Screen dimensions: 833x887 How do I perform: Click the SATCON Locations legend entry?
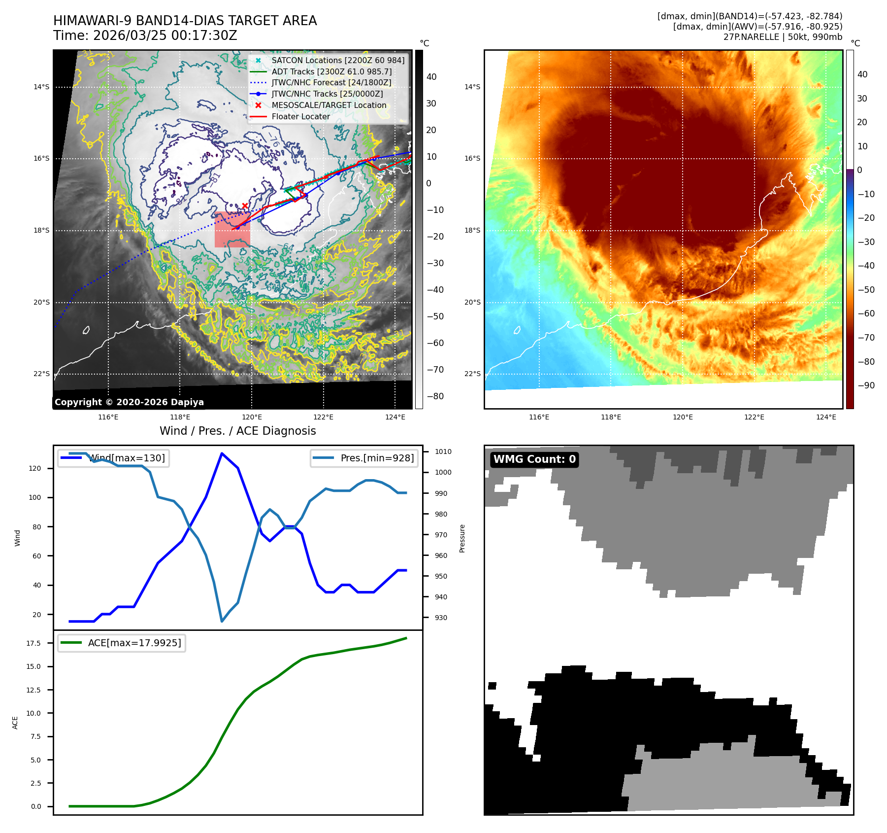(337, 60)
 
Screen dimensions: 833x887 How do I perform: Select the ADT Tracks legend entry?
(331, 71)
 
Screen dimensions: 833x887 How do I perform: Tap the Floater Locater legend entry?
(300, 116)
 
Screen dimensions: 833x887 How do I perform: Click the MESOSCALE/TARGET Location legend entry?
(329, 105)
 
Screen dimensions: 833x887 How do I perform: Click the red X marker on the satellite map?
(245, 206)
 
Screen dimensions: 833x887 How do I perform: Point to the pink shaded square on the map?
(232, 230)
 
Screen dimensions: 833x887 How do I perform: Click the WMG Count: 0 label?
(534, 459)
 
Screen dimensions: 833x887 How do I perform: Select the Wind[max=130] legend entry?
(127, 458)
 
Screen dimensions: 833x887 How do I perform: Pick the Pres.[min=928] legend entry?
(377, 458)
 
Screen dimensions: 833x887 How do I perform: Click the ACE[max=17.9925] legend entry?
(134, 643)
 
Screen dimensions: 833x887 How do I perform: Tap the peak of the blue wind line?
(222, 453)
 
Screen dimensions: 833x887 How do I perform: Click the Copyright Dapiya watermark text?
(129, 402)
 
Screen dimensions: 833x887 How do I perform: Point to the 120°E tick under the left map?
(252, 417)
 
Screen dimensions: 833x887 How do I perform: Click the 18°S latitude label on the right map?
(472, 230)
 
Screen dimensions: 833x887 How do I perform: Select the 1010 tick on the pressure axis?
(443, 451)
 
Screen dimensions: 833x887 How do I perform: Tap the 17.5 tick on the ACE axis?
(33, 643)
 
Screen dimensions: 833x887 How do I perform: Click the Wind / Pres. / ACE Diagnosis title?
(237, 431)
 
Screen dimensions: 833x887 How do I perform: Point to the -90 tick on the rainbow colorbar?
(865, 385)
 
